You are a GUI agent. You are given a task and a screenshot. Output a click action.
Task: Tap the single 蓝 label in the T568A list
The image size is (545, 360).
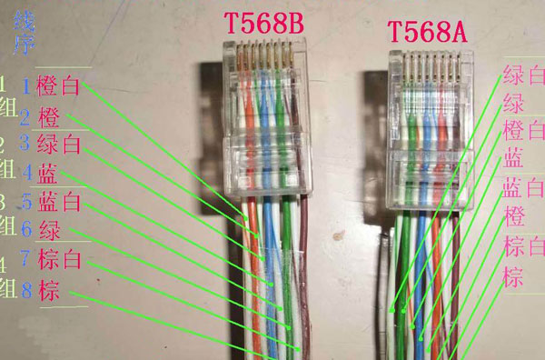tap(512, 160)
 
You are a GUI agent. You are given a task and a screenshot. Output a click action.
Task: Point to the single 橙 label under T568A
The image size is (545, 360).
tap(512, 218)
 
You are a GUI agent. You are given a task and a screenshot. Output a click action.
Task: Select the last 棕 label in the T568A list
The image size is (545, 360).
tap(512, 276)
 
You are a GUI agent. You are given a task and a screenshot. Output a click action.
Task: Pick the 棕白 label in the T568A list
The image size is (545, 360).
tap(523, 247)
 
